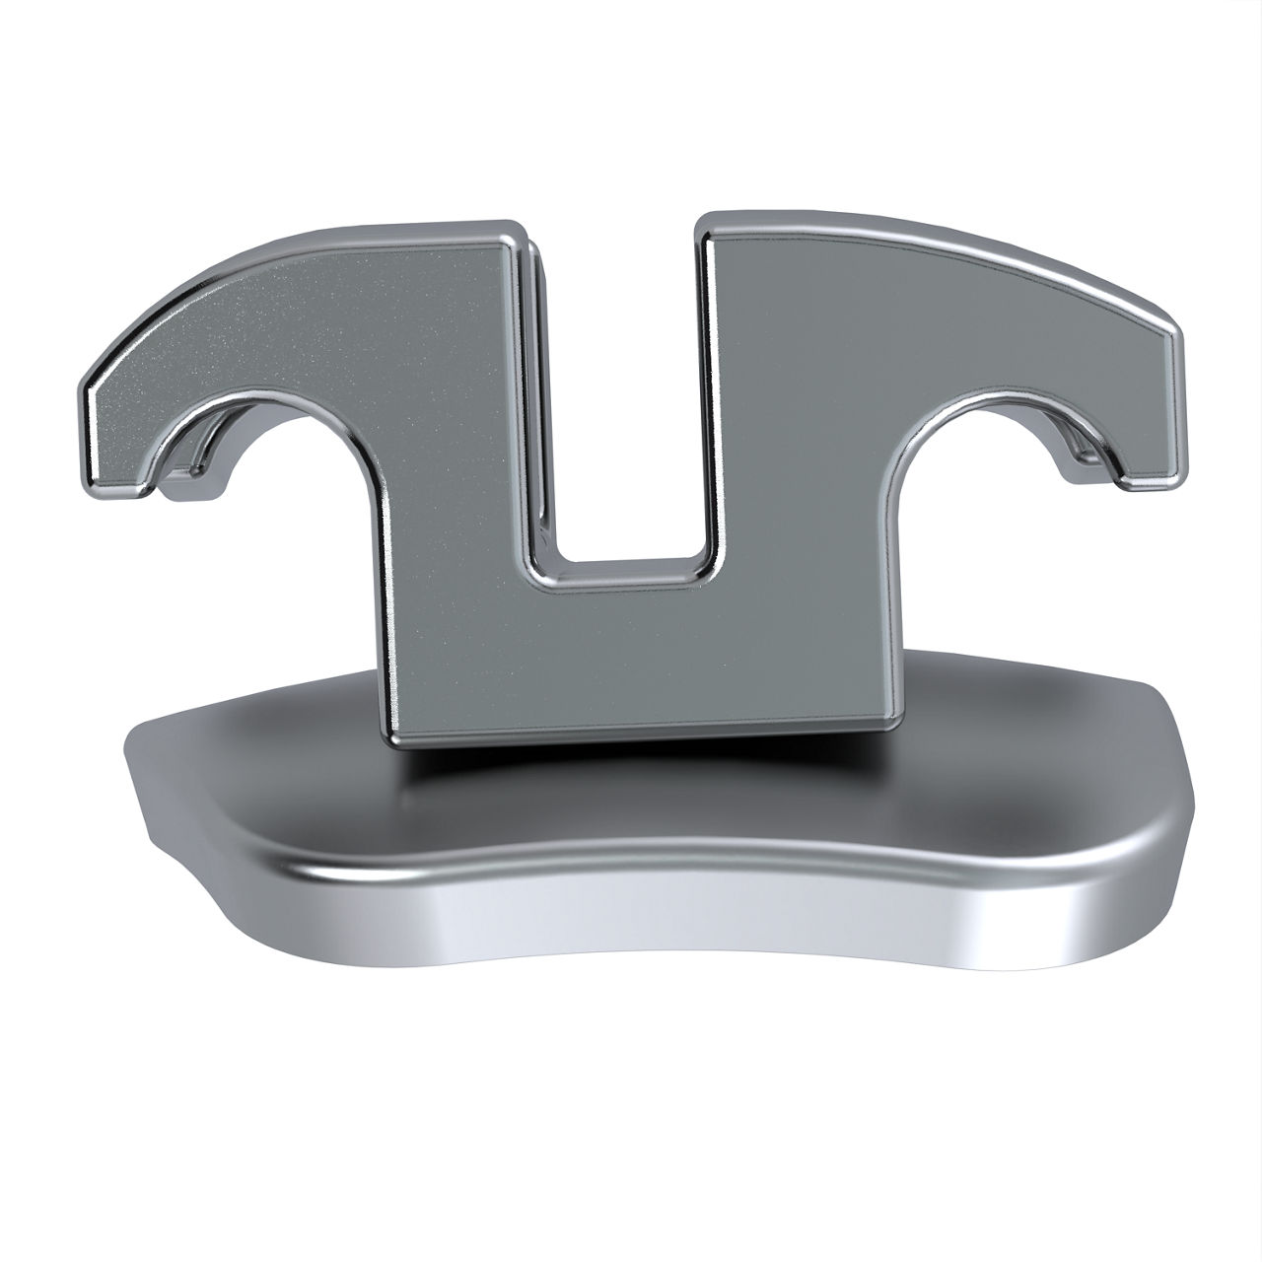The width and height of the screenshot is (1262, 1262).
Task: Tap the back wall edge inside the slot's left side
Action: (537, 394)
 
